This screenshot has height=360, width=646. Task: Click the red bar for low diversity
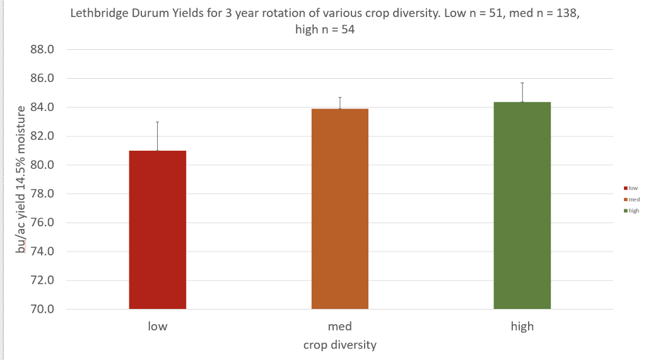tap(158, 230)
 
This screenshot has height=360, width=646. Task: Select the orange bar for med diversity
tap(340, 209)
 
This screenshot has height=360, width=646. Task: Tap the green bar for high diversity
tap(522, 206)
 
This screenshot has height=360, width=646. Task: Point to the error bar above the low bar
tap(158, 136)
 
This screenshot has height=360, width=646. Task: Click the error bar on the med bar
tap(340, 103)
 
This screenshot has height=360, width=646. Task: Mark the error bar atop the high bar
tap(522, 92)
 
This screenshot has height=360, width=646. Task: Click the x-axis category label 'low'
tap(158, 327)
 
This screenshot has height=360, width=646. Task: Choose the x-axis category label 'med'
tap(340, 327)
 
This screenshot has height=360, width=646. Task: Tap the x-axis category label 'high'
tap(522, 327)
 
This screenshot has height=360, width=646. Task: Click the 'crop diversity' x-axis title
tap(340, 345)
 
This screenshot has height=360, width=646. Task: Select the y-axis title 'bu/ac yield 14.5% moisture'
tap(21, 180)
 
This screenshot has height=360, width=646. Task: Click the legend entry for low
tap(631, 188)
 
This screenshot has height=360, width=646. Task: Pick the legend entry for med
tap(631, 199)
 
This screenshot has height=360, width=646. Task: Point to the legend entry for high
tap(631, 211)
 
